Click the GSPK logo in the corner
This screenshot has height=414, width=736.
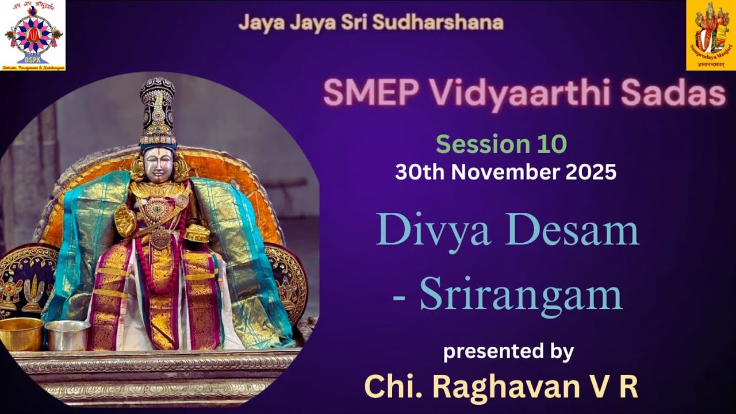pyautogui.click(x=33, y=36)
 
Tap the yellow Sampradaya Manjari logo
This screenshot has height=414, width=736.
pyautogui.click(x=711, y=36)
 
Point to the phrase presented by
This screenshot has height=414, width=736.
pyautogui.click(x=508, y=351)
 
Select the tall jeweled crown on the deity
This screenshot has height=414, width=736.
pyautogui.click(x=158, y=112)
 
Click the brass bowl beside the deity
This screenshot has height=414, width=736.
pyautogui.click(x=21, y=334)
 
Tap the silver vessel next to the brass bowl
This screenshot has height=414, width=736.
pyautogui.click(x=67, y=335)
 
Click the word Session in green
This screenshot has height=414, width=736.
pyautogui.click(x=477, y=144)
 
